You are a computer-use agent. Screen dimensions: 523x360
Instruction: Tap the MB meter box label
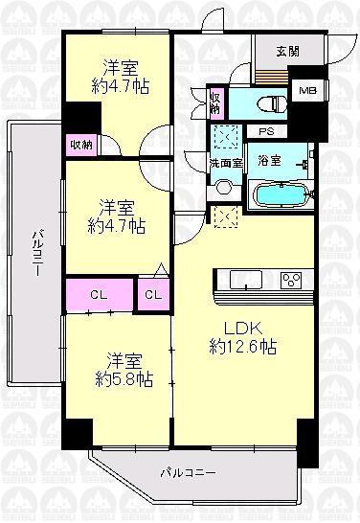[x=306, y=91]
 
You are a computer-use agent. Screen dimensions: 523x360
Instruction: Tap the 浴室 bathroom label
[x=269, y=161]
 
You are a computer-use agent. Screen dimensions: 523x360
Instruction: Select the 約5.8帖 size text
[x=118, y=379]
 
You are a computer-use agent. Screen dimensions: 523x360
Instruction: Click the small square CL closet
[x=153, y=295]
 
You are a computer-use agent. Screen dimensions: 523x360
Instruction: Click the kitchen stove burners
[x=292, y=280]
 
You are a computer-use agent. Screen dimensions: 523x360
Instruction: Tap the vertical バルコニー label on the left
[x=34, y=252]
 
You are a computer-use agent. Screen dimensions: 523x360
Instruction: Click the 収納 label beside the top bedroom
[x=80, y=145]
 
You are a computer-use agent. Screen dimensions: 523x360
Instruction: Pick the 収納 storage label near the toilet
[x=216, y=102]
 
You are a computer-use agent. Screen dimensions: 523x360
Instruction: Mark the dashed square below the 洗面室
[x=227, y=216]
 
